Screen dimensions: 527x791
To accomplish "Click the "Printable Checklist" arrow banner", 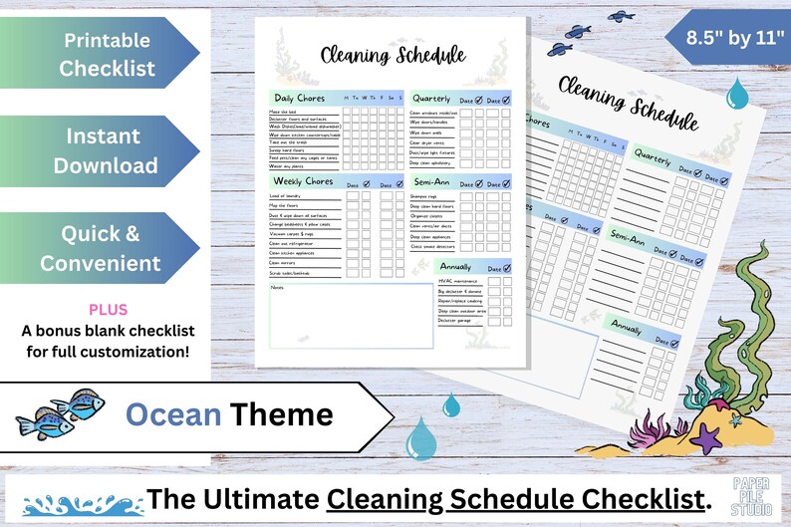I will (105, 54).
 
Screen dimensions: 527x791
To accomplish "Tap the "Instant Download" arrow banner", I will (105, 150).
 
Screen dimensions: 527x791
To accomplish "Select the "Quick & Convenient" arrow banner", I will (105, 248).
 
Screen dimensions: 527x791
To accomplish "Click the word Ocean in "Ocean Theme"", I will (173, 413).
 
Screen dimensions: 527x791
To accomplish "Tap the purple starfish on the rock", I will (706, 435).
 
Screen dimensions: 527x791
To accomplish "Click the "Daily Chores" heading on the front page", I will (298, 98).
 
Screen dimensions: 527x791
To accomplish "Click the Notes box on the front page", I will (335, 318).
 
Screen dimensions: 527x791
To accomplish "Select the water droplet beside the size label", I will (737, 93).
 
